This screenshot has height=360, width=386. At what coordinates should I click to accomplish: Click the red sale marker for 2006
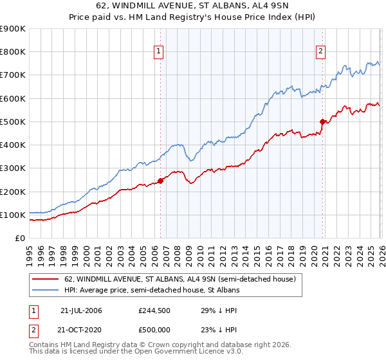pyautogui.click(x=160, y=181)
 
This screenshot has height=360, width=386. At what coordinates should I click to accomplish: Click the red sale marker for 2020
pyautogui.click(x=322, y=121)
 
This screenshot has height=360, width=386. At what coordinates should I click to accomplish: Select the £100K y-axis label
pyautogui.click(x=13, y=215)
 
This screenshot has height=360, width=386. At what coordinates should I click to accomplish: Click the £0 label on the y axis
pyautogui.click(x=19, y=238)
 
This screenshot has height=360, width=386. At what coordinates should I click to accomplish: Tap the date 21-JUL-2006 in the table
pyautogui.click(x=81, y=310)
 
